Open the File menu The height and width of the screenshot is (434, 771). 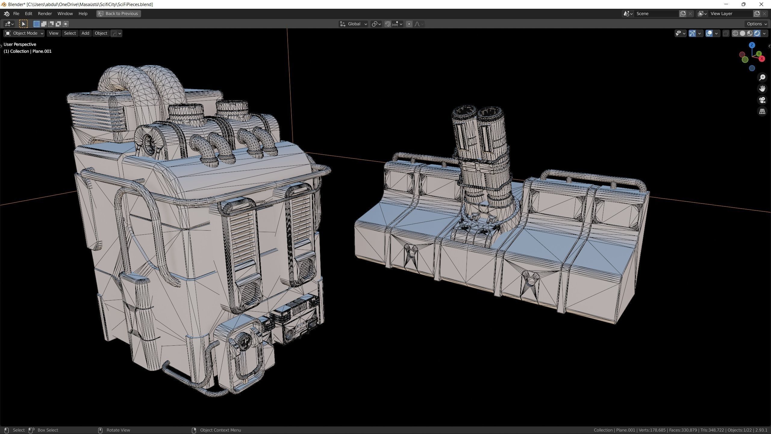click(x=16, y=14)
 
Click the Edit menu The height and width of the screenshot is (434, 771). click(x=28, y=14)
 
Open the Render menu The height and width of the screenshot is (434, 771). click(x=45, y=14)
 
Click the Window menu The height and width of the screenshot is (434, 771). click(x=65, y=14)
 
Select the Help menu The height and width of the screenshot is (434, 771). click(x=83, y=14)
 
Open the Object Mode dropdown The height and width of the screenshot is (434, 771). click(x=24, y=33)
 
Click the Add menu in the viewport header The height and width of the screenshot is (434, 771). click(x=85, y=33)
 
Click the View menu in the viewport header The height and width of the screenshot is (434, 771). click(x=53, y=33)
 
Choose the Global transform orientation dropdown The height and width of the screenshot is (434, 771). click(x=354, y=24)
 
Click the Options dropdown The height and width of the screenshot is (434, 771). click(x=757, y=24)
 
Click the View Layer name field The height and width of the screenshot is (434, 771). click(x=730, y=14)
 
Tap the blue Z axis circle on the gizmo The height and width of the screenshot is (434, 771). click(x=752, y=45)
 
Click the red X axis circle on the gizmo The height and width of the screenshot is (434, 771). click(x=762, y=59)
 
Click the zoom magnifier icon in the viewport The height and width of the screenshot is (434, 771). click(x=762, y=77)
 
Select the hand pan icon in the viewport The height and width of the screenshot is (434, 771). click(x=762, y=89)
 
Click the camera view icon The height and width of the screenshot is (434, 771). click(x=762, y=100)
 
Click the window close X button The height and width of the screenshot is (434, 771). click(x=761, y=4)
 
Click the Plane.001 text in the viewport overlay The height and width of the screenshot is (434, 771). click(x=42, y=51)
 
